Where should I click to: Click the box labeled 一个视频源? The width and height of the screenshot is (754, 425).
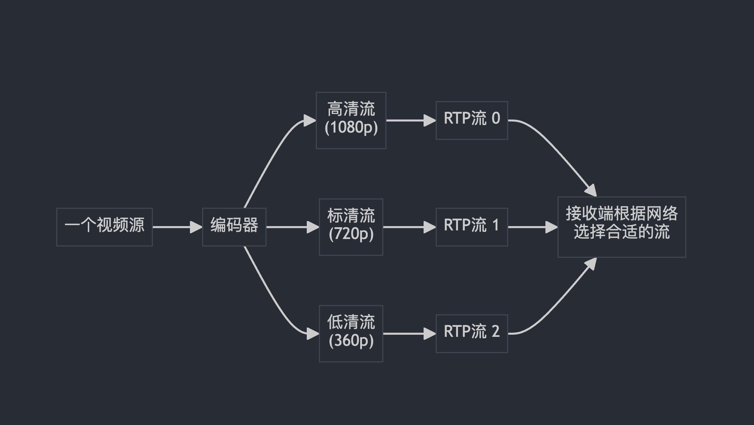click(x=104, y=227)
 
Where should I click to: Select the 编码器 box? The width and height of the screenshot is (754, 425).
click(x=234, y=227)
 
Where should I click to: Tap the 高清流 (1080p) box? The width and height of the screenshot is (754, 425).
click(x=351, y=120)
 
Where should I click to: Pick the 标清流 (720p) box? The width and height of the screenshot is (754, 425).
click(x=351, y=227)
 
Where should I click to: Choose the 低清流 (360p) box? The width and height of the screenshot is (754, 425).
click(x=351, y=333)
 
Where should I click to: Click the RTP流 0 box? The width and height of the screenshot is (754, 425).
click(x=472, y=120)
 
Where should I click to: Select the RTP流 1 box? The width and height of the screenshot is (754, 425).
click(x=472, y=227)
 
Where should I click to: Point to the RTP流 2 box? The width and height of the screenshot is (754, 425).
click(x=472, y=333)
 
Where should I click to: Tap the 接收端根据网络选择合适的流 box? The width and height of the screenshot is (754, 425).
click(x=621, y=227)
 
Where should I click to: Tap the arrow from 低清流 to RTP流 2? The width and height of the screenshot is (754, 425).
click(x=409, y=334)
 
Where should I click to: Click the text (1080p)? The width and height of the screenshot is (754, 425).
click(x=351, y=128)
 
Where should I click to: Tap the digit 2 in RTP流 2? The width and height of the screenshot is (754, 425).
click(x=495, y=331)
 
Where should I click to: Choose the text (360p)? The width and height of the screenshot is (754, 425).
click(x=351, y=340)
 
